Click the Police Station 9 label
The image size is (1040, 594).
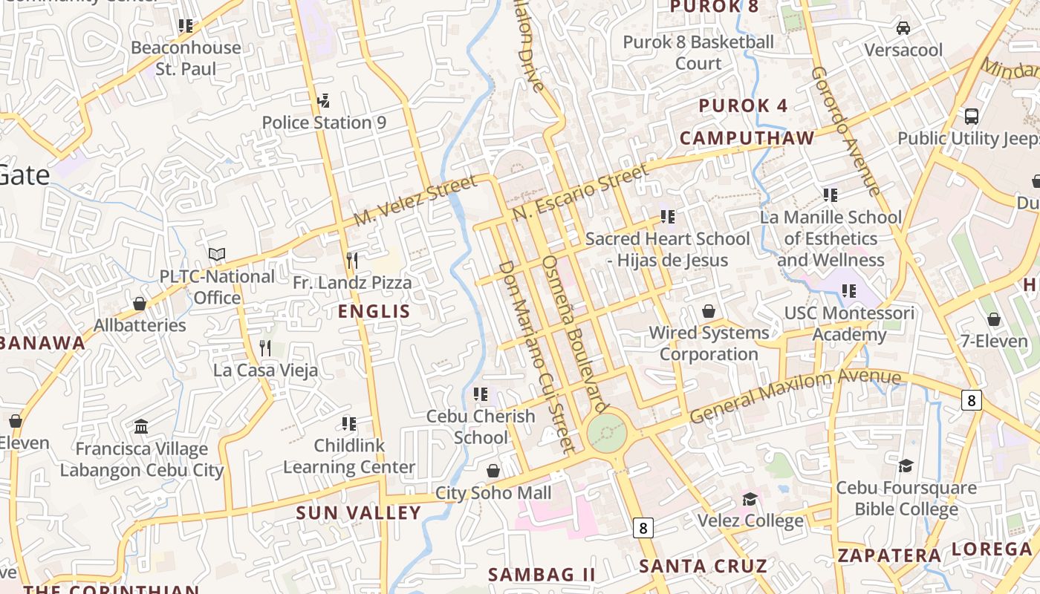324,123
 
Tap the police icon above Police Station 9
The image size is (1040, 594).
323,100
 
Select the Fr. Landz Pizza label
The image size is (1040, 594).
351,283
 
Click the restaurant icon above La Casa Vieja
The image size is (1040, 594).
265,347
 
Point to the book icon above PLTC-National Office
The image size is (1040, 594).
217,255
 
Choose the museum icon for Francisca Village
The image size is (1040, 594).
141,427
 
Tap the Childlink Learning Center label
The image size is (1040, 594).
349,457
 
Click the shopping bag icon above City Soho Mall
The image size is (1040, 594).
493,471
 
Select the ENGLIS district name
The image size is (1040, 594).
374,312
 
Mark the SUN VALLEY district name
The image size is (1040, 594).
359,513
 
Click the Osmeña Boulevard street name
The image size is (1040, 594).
575,334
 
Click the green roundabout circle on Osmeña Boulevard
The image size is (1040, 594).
606,432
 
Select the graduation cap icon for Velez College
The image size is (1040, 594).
750,499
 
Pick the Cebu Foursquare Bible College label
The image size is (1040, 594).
906,499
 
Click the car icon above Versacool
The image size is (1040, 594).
903,28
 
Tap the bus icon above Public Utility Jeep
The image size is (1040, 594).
971,116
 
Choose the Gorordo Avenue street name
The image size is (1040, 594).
845,131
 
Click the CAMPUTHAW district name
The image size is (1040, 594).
747,139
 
